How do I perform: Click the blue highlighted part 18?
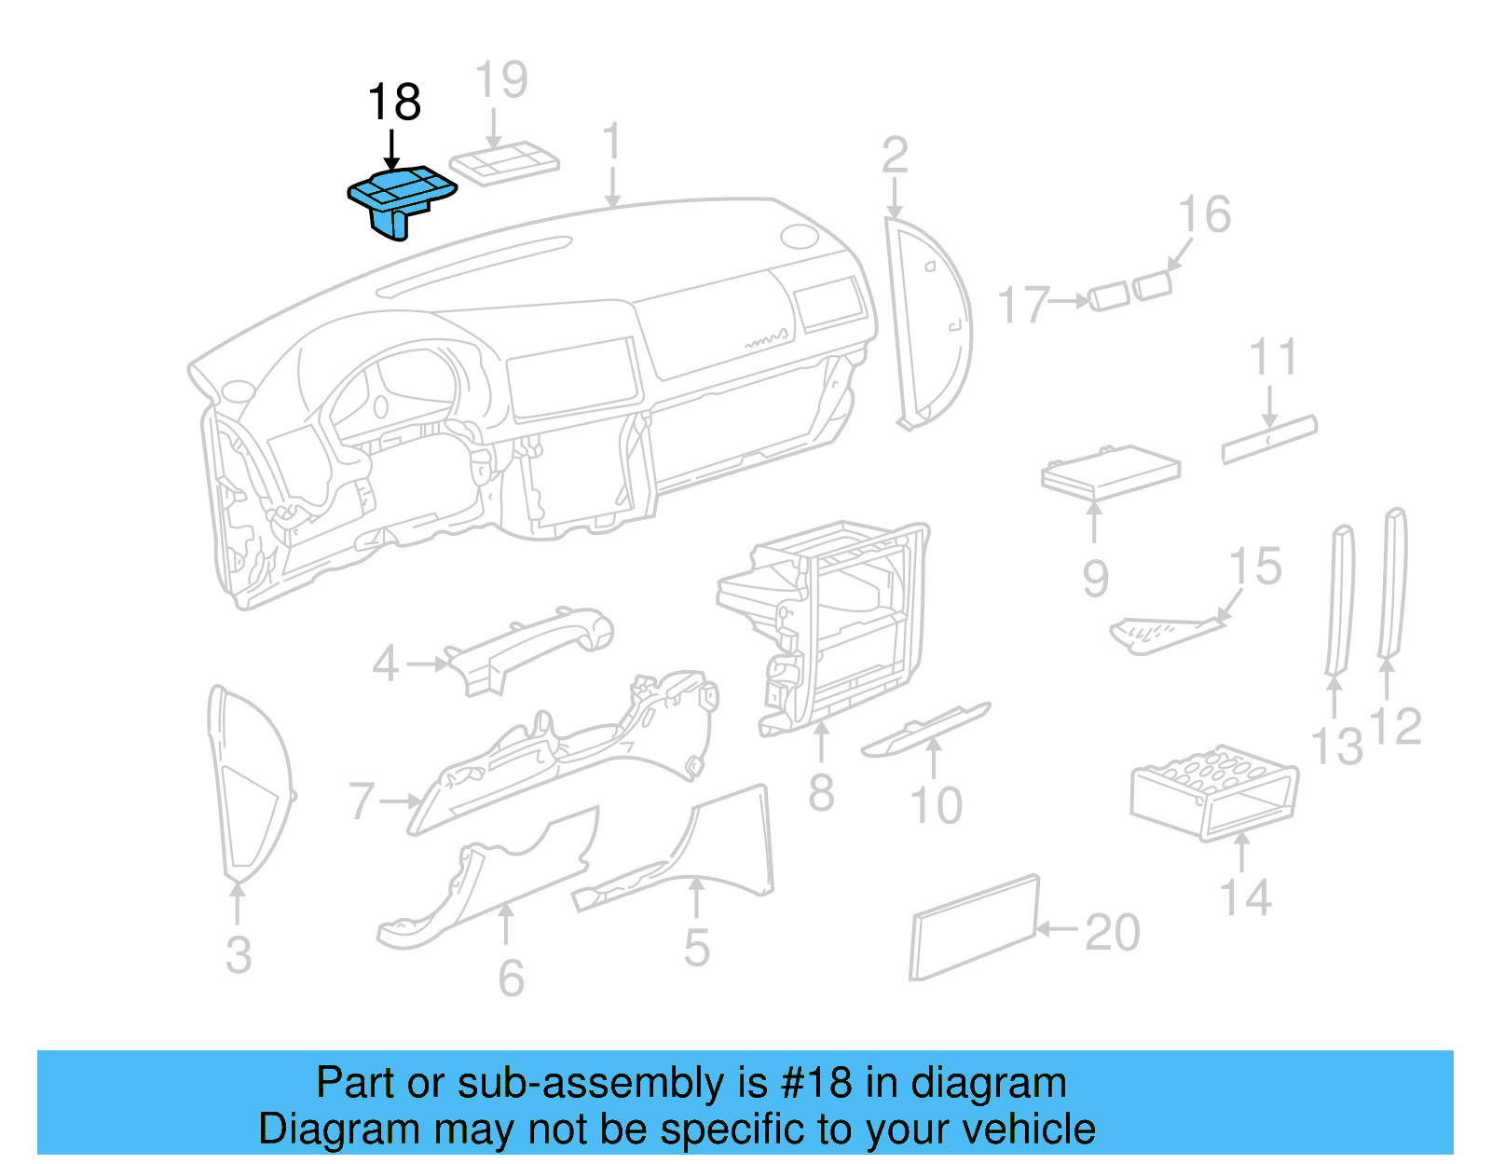coord(401,196)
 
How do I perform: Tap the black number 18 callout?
coord(394,103)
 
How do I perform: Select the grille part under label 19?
coord(504,164)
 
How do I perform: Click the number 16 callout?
coord(1204,215)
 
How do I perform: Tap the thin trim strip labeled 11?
coord(1269,439)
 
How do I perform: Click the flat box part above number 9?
coord(1109,472)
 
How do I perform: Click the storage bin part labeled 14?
coord(1211,792)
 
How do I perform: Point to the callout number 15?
coord(1255,567)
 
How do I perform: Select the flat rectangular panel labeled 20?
coord(974,927)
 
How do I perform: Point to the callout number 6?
coord(511,978)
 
